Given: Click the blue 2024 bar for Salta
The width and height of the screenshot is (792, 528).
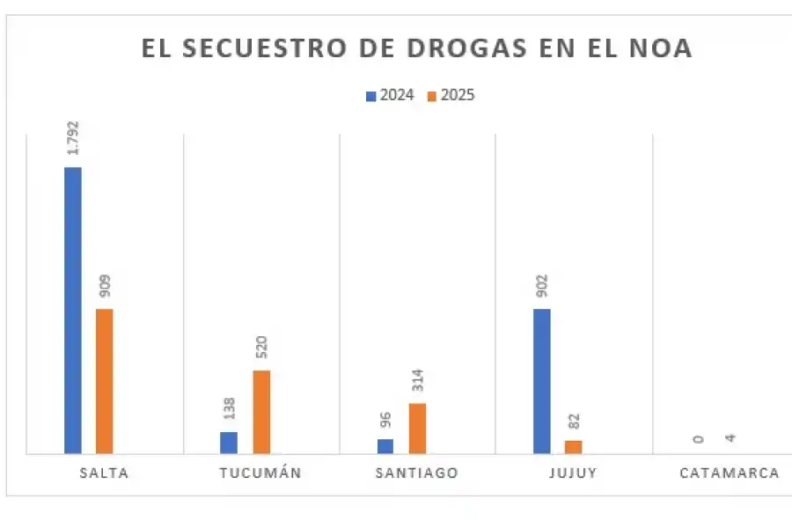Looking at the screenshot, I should point(72,310).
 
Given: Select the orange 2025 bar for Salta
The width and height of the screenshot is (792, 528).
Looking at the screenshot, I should point(104,381).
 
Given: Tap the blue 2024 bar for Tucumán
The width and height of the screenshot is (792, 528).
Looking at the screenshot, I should point(229,443).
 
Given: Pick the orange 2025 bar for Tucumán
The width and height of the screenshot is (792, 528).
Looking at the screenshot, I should point(261,412).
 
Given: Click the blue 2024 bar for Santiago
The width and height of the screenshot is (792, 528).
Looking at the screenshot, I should point(385,446).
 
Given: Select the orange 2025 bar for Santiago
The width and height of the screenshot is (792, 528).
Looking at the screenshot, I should point(417,429).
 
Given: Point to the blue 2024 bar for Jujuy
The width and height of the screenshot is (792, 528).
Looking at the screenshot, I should point(542,381).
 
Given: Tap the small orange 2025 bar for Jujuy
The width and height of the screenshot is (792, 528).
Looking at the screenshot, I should point(574,447).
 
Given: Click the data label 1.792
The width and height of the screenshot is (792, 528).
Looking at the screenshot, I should point(73,139).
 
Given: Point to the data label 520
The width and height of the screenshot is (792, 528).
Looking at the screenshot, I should point(261,348).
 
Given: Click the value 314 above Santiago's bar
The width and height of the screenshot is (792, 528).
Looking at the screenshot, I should point(418,380).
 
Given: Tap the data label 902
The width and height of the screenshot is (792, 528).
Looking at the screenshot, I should point(542,287).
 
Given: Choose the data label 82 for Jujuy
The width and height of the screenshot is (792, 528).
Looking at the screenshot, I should point(574,421).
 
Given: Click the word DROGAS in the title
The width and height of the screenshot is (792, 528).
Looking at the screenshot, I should point(419,49).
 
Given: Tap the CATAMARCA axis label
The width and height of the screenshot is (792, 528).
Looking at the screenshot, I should point(730,473).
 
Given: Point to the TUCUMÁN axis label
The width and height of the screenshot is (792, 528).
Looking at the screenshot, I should point(260,473).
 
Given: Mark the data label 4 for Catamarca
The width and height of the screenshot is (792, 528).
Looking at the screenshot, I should point(730,437).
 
